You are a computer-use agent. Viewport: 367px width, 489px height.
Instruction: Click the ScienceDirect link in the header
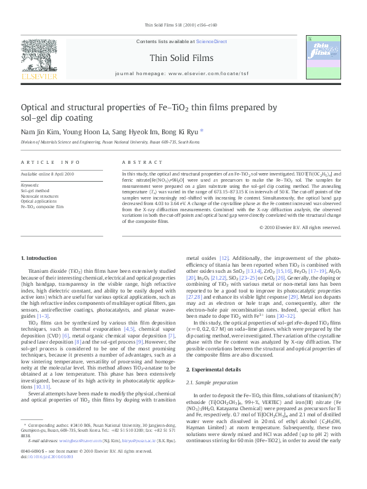211,42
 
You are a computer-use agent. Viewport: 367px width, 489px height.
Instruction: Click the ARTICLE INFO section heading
51,162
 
